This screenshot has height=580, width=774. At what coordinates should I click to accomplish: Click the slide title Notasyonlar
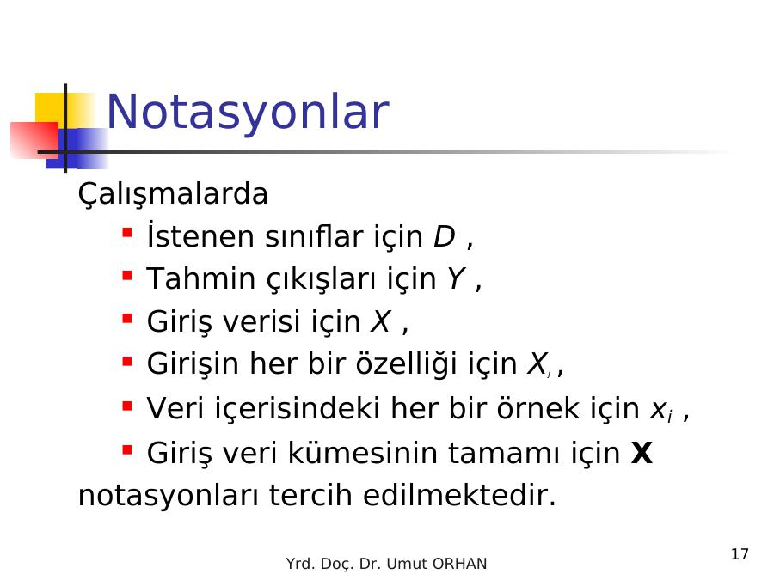pos(248,113)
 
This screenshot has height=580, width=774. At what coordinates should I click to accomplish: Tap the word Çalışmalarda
pos(173,194)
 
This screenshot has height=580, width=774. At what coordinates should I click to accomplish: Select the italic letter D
pos(444,237)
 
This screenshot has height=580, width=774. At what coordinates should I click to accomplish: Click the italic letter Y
pos(456,278)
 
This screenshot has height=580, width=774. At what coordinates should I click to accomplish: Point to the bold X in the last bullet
pos(642,453)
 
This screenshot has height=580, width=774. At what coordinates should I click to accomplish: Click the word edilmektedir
pos(459,495)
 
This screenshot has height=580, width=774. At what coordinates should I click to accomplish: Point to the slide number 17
pos(740,554)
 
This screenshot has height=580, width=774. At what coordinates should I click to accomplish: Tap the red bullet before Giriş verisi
pos(127,319)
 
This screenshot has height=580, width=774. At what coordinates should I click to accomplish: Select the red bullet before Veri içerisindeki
pos(127,406)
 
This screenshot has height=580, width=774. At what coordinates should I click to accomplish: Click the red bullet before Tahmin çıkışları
pos(127,275)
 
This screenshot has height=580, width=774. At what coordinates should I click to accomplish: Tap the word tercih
pos(310,495)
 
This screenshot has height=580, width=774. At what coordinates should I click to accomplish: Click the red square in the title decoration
pos(34,140)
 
